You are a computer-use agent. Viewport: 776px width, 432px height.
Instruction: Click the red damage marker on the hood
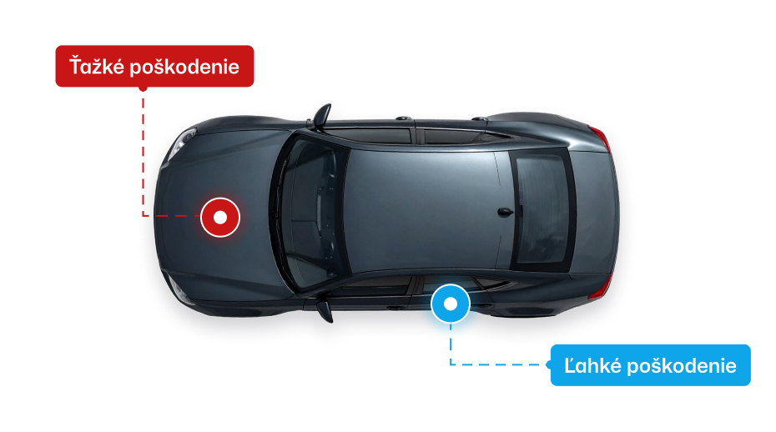(220, 217)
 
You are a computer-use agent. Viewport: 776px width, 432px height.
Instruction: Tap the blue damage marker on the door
(451, 304)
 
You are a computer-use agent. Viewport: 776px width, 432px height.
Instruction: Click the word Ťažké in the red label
(97, 67)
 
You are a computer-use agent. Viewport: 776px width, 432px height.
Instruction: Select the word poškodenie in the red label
(184, 67)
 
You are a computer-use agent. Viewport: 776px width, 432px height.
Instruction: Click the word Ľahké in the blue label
(592, 365)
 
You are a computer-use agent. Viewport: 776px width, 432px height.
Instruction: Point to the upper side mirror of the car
(322, 116)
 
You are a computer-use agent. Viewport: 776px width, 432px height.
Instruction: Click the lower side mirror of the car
(324, 310)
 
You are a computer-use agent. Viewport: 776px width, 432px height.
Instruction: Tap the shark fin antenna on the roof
(505, 213)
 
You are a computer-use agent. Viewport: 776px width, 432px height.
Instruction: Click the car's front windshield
(310, 215)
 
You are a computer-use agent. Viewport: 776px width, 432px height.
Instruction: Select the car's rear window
(542, 209)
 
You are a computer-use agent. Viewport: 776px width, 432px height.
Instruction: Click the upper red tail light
(600, 137)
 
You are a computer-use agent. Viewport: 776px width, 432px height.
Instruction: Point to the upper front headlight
(182, 143)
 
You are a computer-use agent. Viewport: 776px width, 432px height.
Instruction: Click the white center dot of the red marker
(220, 217)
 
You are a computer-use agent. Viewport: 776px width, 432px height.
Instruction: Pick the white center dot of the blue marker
(451, 304)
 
